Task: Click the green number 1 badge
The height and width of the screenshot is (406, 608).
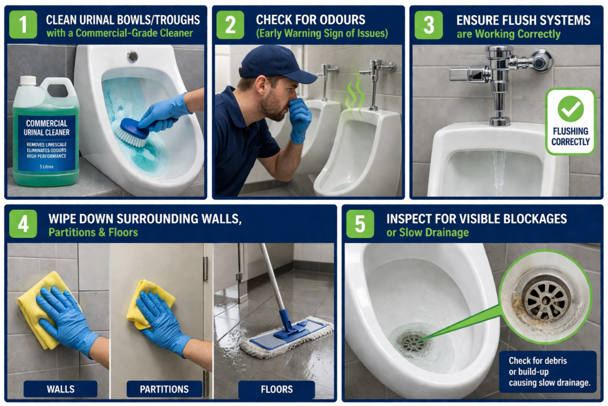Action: [23, 24]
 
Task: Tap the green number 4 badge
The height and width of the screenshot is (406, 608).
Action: [23, 224]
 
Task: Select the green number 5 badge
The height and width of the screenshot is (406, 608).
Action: [360, 224]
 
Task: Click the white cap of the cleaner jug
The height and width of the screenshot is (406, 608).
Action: [28, 80]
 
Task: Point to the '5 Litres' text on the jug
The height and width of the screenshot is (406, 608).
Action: [46, 166]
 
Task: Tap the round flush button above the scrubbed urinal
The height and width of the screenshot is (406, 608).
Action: [132, 56]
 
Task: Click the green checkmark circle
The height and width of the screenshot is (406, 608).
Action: [571, 109]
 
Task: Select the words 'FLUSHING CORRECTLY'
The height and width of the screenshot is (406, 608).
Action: [571, 136]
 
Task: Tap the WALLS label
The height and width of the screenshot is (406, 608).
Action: [61, 389]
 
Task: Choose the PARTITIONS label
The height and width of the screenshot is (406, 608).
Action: [164, 389]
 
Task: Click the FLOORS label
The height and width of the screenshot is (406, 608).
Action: [277, 389]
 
